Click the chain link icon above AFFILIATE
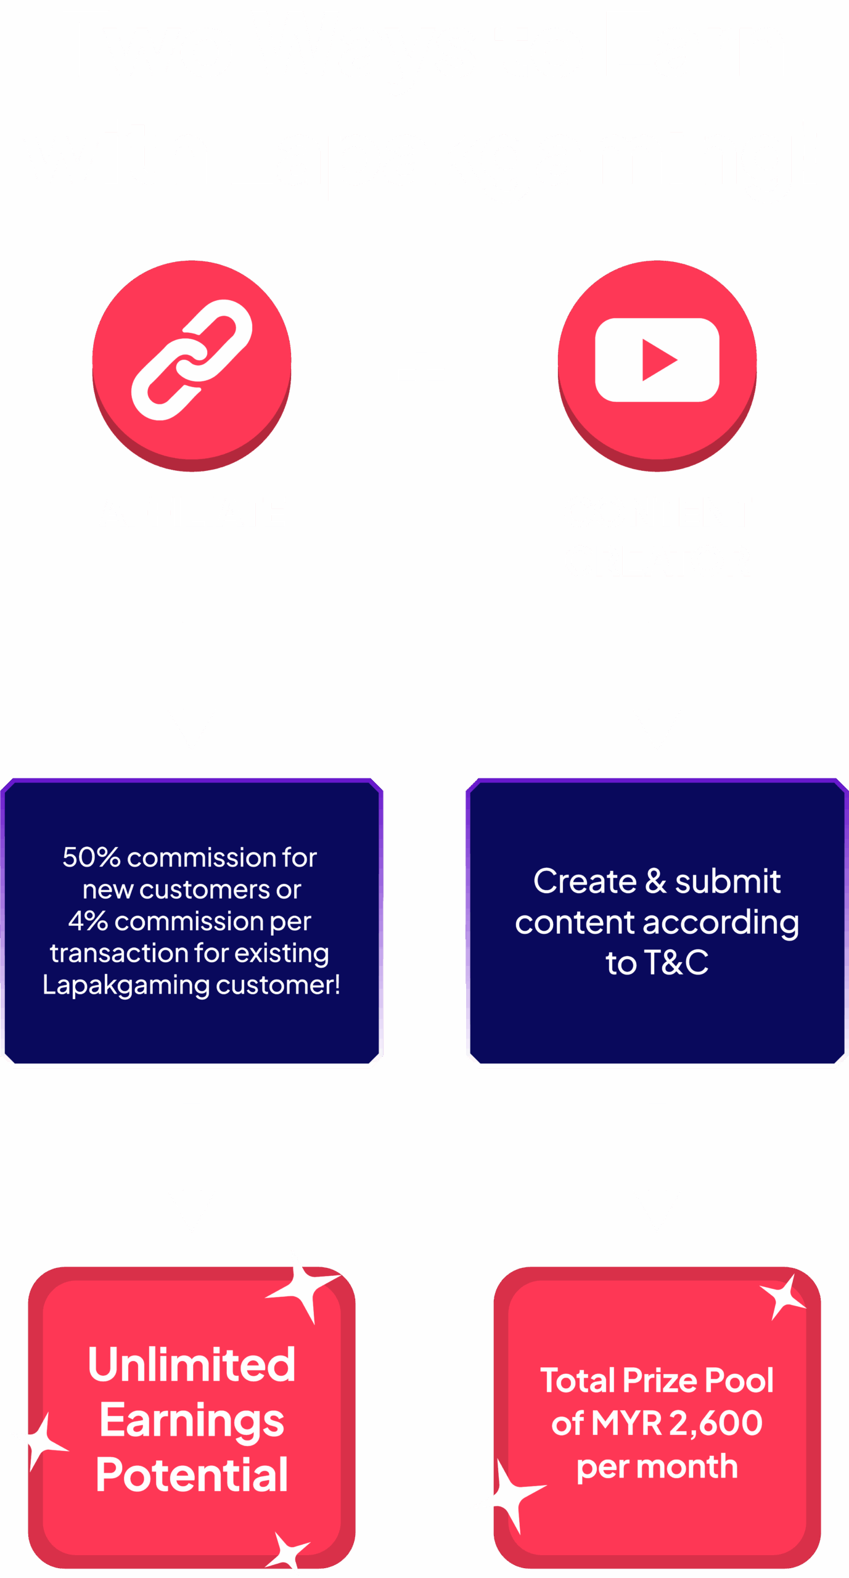[x=192, y=360]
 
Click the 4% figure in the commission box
[x=88, y=921]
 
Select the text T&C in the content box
[x=676, y=962]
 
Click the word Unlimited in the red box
[x=192, y=1365]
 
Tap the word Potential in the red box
[x=192, y=1475]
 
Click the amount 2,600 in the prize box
[x=716, y=1423]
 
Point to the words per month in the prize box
[x=657, y=1467]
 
